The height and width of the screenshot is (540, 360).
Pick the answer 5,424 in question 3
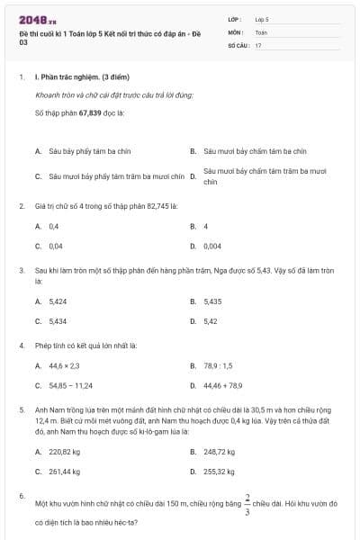pos(58,301)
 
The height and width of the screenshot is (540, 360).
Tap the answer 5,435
pos(212,301)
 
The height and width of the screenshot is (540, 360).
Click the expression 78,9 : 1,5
pos(218,365)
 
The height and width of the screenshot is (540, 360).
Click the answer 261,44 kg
pos(65,471)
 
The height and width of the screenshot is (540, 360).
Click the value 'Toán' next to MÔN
pos(261,31)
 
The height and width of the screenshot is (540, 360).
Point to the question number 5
pos(21,409)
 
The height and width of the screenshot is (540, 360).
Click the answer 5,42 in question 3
pos(210,320)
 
